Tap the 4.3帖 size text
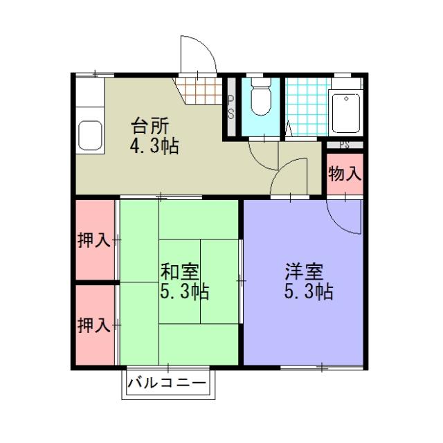[154, 147]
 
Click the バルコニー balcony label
[168, 383]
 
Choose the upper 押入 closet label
[93, 241]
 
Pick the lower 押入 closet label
[93, 325]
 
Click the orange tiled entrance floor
[199, 89]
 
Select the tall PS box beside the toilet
[230, 107]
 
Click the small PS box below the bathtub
[344, 145]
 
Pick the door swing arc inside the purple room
[346, 218]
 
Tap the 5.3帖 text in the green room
[184, 291]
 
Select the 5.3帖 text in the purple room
[309, 291]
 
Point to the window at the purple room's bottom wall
[322, 366]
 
